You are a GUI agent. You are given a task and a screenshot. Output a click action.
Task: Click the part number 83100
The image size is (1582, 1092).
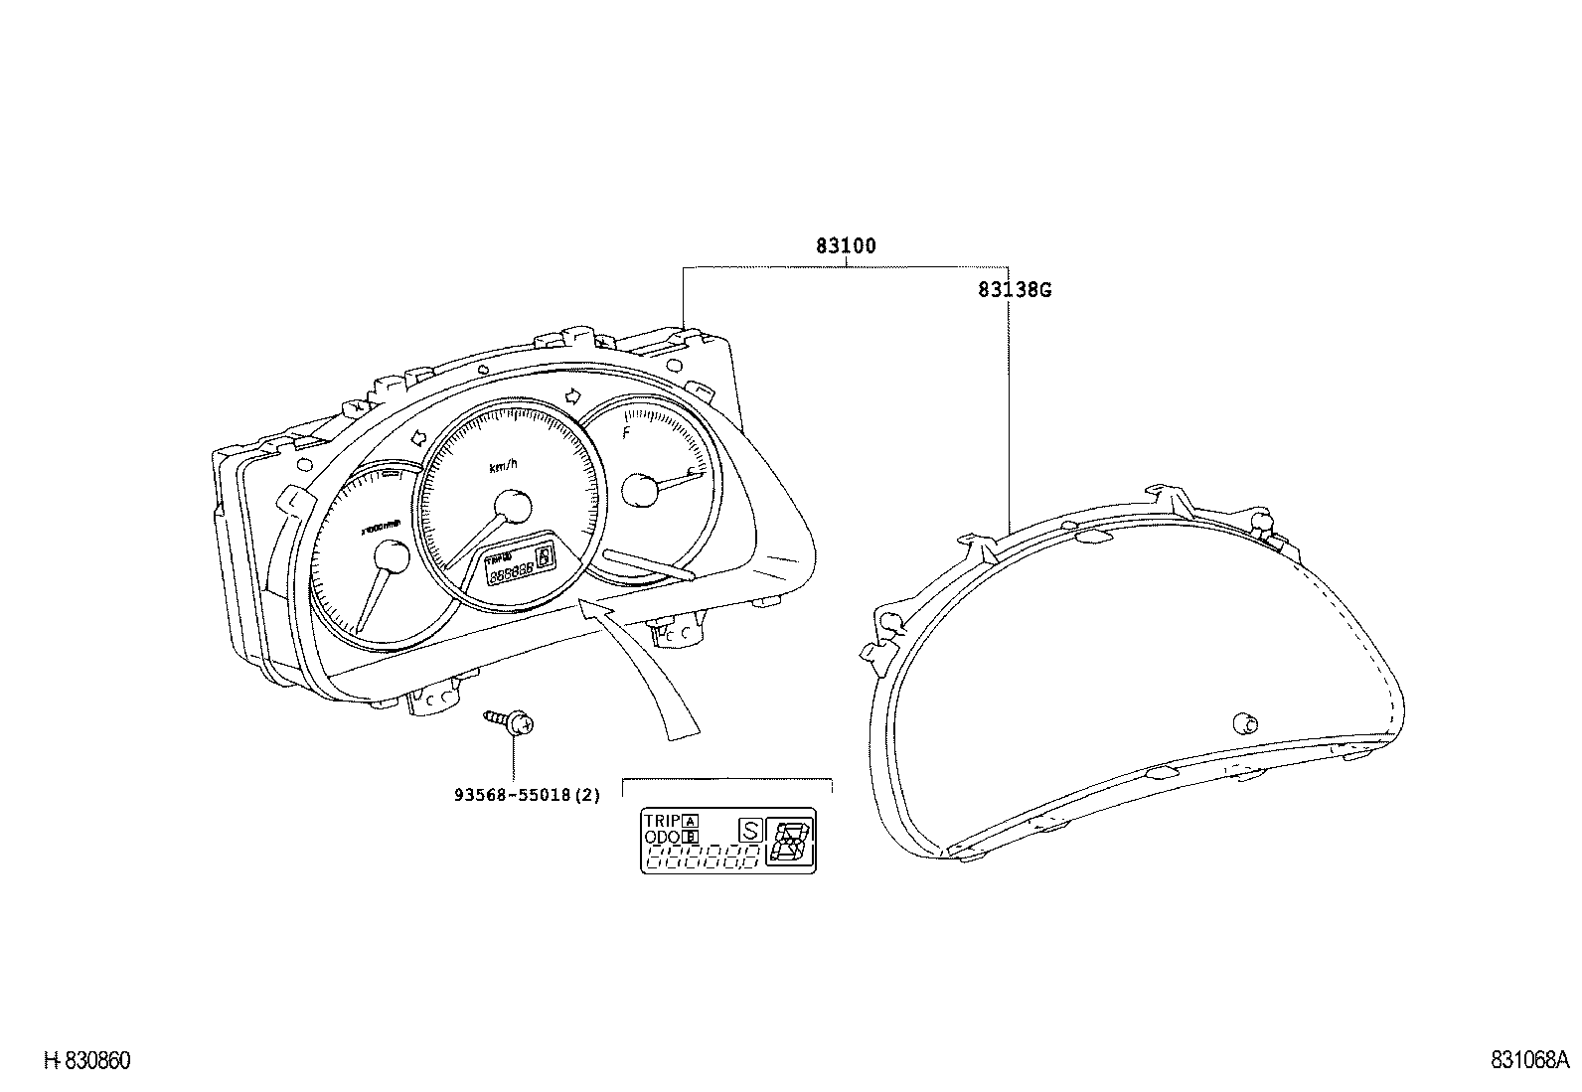coord(846,245)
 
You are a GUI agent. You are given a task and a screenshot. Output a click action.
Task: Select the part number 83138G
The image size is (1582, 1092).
coord(1014,290)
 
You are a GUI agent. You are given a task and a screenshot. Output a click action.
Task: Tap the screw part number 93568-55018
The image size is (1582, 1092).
coord(527,796)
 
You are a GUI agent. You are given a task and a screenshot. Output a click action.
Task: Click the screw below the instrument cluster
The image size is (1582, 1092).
coord(511,721)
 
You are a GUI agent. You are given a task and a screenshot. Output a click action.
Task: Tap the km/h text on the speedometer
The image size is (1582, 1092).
coord(504,466)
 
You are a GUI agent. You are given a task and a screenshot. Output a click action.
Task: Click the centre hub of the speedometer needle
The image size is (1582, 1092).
coord(515,507)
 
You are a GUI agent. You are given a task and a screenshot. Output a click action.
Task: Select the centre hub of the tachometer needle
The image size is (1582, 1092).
coord(391,556)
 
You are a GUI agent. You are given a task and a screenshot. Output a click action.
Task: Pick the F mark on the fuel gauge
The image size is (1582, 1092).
coord(626,432)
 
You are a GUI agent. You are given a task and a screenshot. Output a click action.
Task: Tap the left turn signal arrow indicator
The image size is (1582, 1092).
coord(416,436)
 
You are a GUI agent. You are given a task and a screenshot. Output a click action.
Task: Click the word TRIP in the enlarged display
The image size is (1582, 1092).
coord(662,821)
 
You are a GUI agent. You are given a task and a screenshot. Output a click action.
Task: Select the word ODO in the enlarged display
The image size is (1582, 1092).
coord(662,838)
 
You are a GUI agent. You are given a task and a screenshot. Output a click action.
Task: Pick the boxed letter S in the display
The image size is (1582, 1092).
coord(750,830)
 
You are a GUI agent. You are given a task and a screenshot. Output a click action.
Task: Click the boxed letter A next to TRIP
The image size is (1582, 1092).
coord(690,821)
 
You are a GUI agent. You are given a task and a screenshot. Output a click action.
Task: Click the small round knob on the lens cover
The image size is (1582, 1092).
coord(1242,721)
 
